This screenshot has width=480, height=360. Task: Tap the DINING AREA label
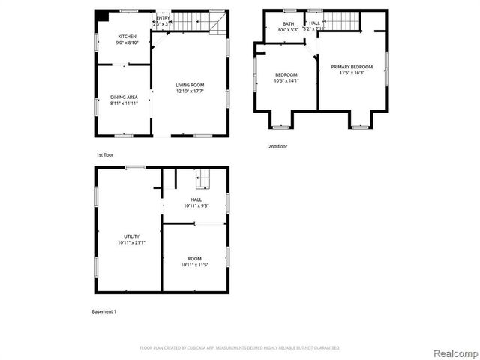[x=124, y=97]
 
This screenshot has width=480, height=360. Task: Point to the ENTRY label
[x=162, y=18]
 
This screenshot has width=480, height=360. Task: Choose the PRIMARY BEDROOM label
[x=352, y=67]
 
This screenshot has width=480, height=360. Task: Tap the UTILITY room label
[x=131, y=236]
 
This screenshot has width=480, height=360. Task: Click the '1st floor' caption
[x=105, y=154]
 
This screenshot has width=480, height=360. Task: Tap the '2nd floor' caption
[x=277, y=146]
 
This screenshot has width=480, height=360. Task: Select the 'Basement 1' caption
[x=103, y=311]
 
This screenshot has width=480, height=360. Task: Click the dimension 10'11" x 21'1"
[x=131, y=242]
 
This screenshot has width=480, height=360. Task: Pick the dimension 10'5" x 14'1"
[x=286, y=80]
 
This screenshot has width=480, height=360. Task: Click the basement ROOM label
[x=194, y=259]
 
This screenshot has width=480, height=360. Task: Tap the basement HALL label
[x=196, y=199]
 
